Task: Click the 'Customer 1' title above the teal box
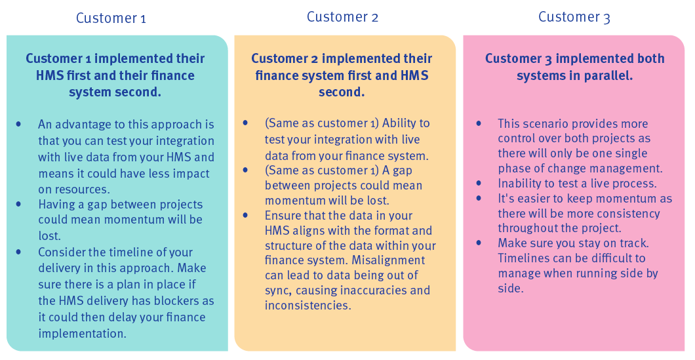click(x=111, y=18)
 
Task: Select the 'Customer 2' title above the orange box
click(x=343, y=17)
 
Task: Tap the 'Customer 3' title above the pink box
click(x=574, y=17)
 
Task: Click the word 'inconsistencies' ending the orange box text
click(x=308, y=306)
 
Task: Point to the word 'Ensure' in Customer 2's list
click(x=283, y=216)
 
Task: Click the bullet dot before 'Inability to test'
click(x=479, y=184)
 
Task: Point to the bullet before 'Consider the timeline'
click(x=18, y=252)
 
